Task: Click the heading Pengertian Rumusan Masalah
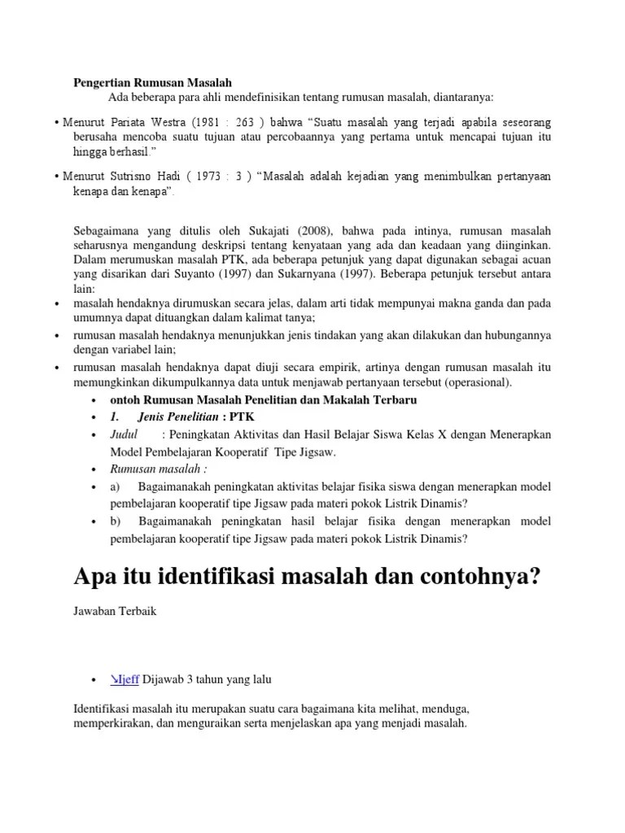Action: [x=153, y=83]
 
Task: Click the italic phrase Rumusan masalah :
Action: [x=158, y=469]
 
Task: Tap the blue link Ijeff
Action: [x=125, y=679]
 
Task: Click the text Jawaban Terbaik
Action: [x=115, y=612]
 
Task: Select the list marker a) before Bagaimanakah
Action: [x=116, y=486]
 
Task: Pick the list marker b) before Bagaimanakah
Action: [x=116, y=521]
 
